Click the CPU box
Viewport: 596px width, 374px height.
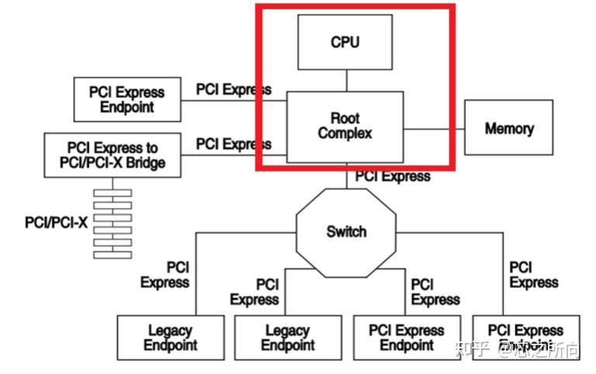345,42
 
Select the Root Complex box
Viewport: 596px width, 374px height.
345,126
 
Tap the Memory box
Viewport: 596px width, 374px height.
508,128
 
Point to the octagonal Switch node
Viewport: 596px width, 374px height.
346,231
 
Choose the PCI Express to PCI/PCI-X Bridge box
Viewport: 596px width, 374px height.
112,155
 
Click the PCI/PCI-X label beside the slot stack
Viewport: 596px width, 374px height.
57,223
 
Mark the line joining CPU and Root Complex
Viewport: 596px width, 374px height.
346,80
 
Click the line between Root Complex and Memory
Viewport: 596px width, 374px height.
433,128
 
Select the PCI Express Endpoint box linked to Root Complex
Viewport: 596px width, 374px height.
126,99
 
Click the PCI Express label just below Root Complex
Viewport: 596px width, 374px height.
393,176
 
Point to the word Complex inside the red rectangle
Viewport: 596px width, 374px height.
345,134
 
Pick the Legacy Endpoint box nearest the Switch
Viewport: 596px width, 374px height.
287,338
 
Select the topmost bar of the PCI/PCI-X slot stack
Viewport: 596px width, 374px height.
113,192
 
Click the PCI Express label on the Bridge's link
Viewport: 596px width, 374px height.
233,144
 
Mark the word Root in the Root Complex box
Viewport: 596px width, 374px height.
345,118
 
